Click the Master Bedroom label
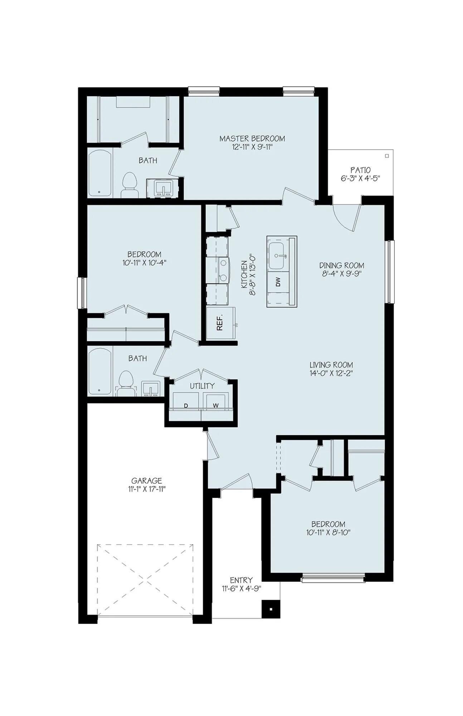[252, 139]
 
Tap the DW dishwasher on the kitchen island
[278, 282]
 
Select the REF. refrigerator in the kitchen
[220, 323]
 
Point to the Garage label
[146, 481]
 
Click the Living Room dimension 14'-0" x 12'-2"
[331, 373]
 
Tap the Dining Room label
[342, 265]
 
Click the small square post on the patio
[387, 156]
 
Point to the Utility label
[202, 386]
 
